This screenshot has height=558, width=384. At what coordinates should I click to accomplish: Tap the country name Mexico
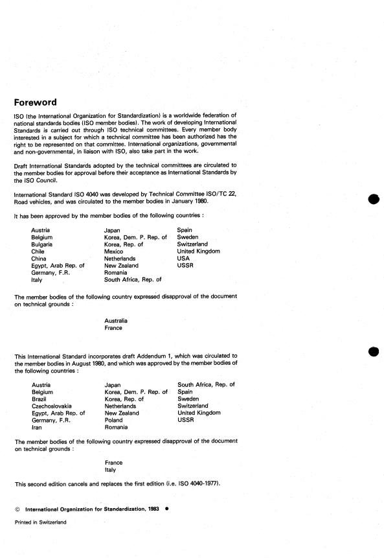[115, 251]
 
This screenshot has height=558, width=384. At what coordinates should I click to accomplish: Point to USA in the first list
[184, 258]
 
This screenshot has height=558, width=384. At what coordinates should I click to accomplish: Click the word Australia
[116, 321]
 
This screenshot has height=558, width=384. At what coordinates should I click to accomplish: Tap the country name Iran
[36, 427]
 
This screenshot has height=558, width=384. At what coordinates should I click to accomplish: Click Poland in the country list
[115, 420]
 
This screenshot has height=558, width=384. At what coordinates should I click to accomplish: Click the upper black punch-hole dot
[372, 200]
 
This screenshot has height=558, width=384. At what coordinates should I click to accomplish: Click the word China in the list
[39, 258]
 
